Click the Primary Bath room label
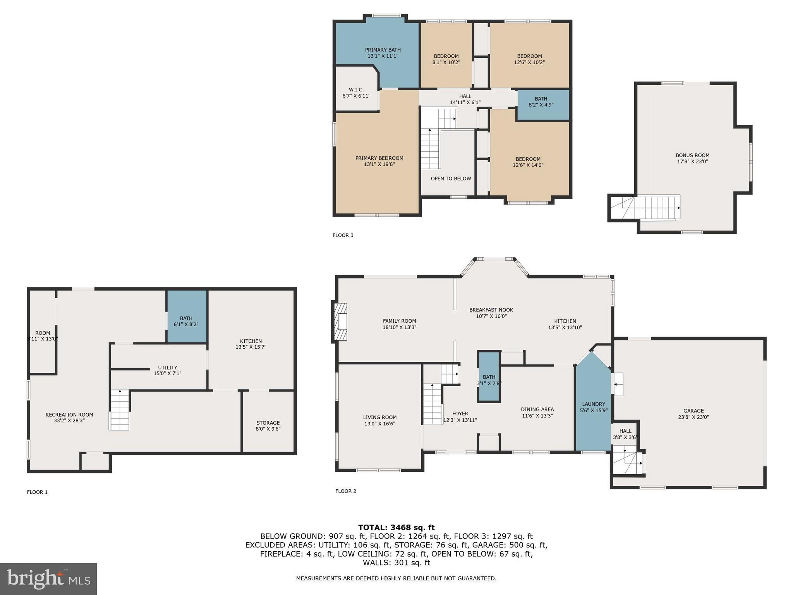[x=383, y=50]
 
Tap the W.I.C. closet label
[x=356, y=90]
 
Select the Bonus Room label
[x=692, y=155]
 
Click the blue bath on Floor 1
[x=186, y=317]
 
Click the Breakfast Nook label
[x=491, y=310]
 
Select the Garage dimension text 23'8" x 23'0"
[x=693, y=417]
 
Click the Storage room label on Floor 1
[x=268, y=423]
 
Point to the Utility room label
[x=167, y=367]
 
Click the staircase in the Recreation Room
[x=119, y=410]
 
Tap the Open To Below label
[x=451, y=179]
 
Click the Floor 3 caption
[x=343, y=235]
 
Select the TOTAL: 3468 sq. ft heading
[x=396, y=527]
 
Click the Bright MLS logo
[x=48, y=579]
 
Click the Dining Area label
[x=537, y=409]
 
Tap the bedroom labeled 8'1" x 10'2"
[x=446, y=59]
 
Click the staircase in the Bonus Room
[x=654, y=208]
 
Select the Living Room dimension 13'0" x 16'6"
[x=379, y=424]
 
